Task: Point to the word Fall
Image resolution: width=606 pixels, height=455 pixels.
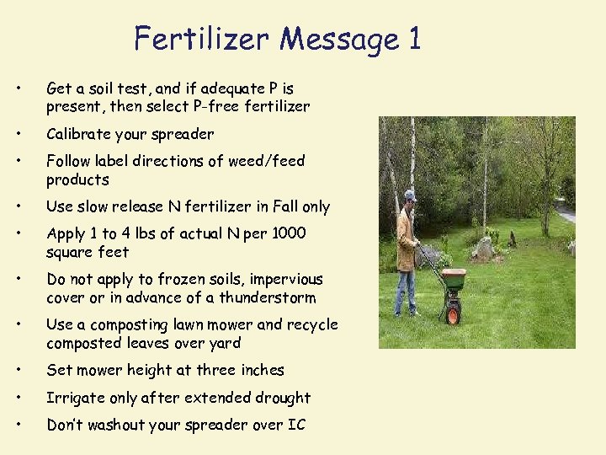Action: [x=273, y=206]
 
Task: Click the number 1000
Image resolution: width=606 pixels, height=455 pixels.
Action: [x=284, y=233]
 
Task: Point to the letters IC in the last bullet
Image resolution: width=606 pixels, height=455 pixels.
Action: [x=296, y=425]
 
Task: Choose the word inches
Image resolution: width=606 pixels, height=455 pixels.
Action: [x=262, y=370]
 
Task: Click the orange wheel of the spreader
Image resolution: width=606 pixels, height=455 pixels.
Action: [x=454, y=316]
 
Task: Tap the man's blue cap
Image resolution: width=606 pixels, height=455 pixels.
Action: [x=410, y=195]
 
